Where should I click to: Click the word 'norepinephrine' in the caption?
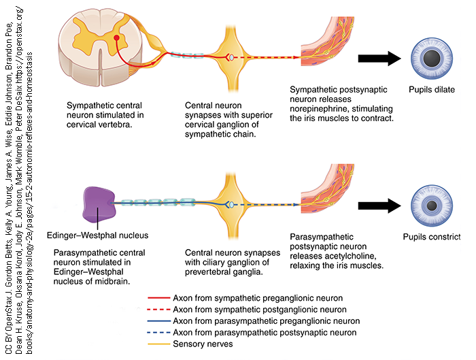click(x=320, y=109)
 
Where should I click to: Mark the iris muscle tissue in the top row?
click(x=323, y=48)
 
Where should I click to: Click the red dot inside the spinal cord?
click(x=117, y=38)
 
